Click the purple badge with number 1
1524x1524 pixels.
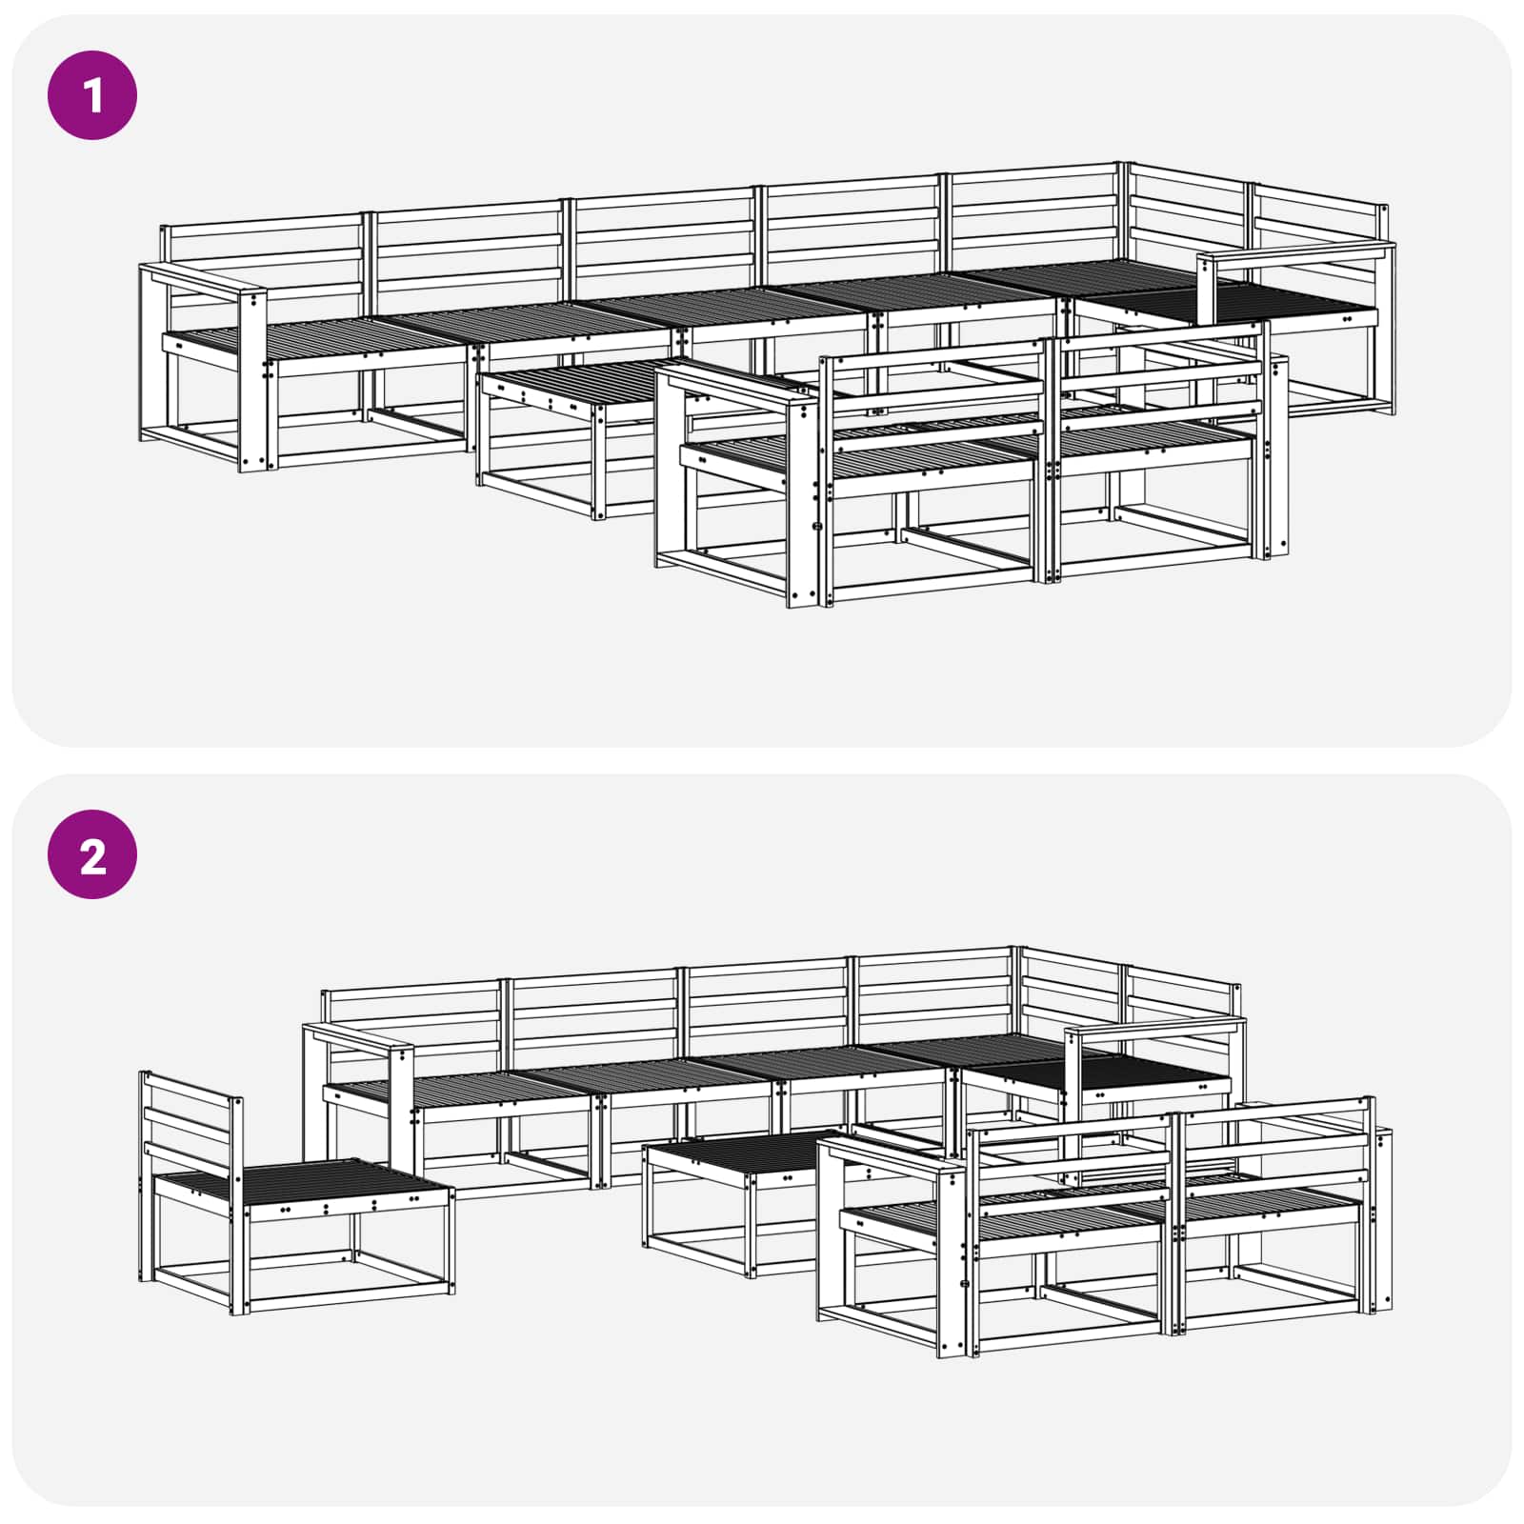coord(92,96)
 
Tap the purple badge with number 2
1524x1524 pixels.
coord(92,854)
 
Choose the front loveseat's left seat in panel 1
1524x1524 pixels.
coord(857,457)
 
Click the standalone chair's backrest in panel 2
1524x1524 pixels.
coord(190,1124)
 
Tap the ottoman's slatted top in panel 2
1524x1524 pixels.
coord(738,1152)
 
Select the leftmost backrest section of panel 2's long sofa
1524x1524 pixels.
coord(412,1024)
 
